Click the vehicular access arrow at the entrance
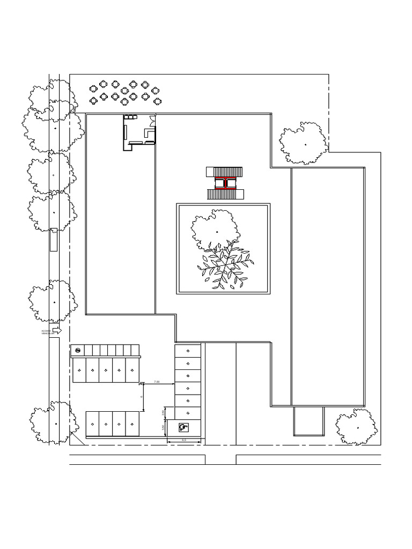[56, 331]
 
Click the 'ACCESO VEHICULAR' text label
[47, 332]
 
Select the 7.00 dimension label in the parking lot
[157, 381]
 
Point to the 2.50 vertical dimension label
[163, 412]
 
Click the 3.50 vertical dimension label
[163, 427]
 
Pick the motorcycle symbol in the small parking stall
[78, 351]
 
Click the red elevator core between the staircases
[225, 183]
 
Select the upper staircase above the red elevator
[225, 172]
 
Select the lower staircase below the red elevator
[225, 194]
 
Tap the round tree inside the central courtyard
[215, 230]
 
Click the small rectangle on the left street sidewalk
[53, 239]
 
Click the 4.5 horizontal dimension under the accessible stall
[184, 440]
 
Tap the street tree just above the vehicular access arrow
[53, 301]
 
